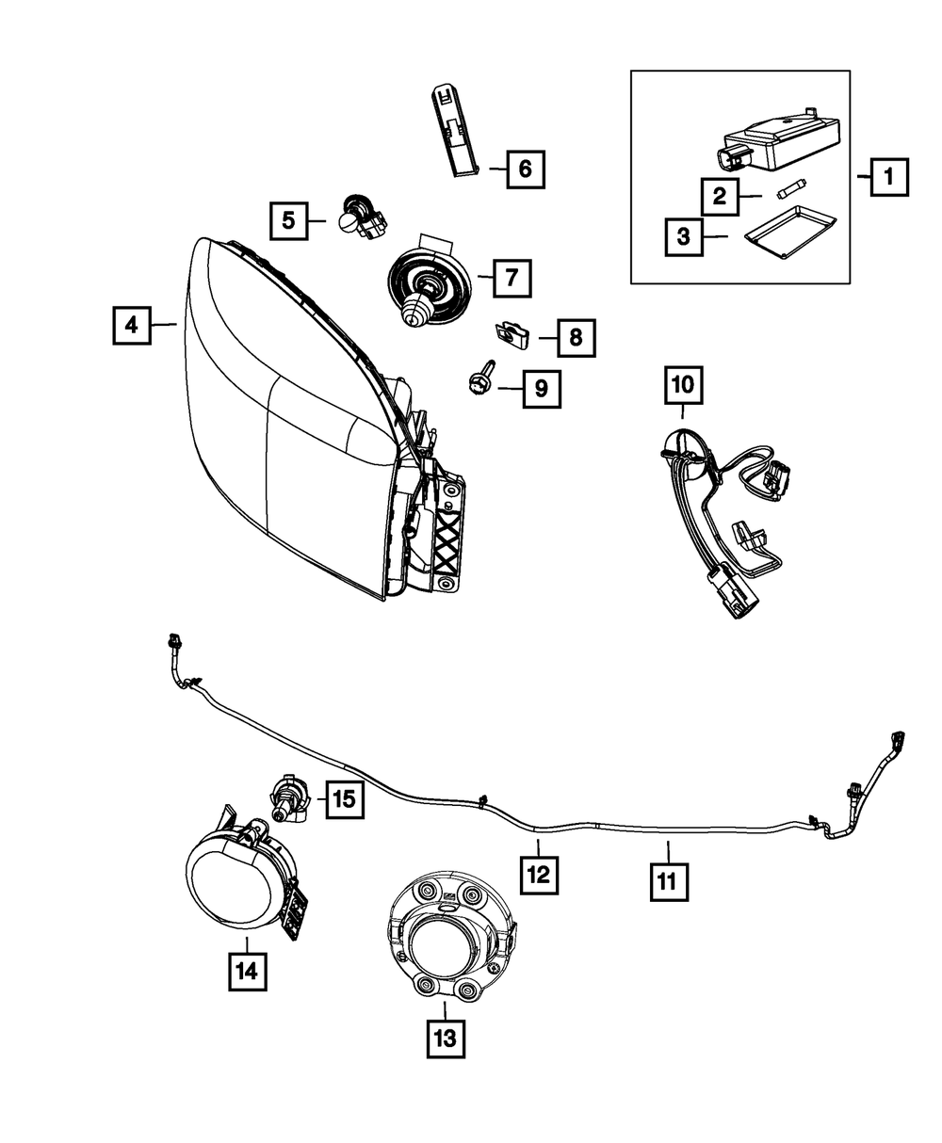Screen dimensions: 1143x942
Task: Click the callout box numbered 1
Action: [888, 176]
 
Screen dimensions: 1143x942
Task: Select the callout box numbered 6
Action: [525, 169]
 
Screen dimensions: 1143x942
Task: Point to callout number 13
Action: [445, 1038]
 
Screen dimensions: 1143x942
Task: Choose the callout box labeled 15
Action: [344, 800]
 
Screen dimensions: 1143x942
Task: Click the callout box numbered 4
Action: [132, 326]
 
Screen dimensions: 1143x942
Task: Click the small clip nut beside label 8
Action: [512, 331]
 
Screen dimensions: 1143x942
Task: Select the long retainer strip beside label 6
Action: [455, 130]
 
